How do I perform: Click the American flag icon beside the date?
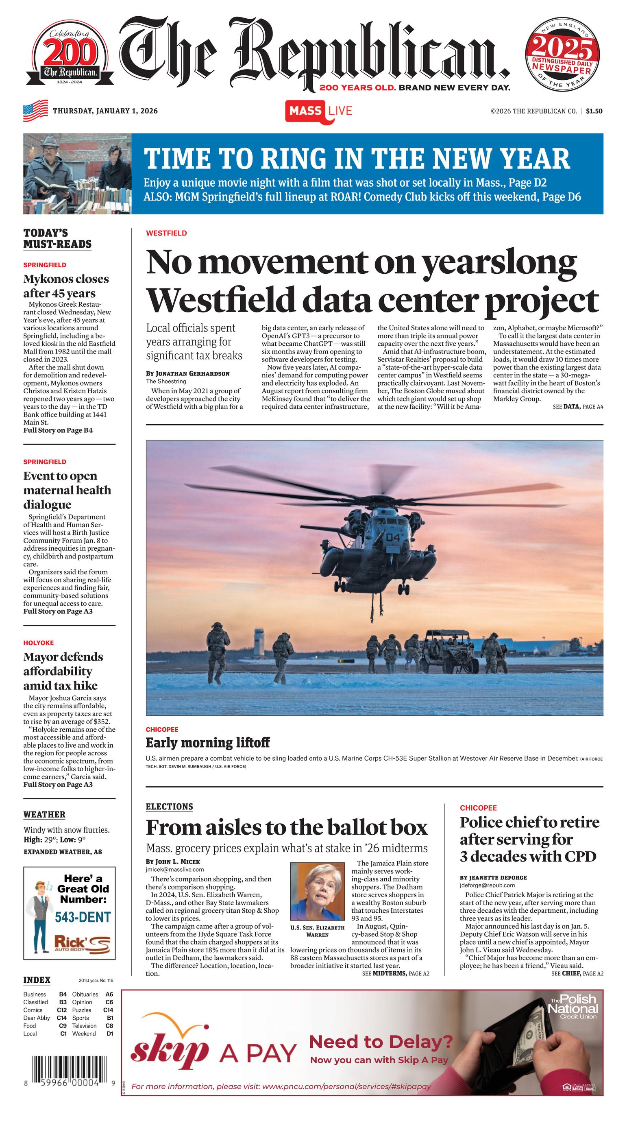[x=35, y=111]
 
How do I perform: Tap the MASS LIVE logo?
[x=318, y=111]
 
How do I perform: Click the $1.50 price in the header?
[x=594, y=111]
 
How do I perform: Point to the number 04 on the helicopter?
[x=392, y=537]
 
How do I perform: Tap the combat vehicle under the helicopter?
[x=448, y=650]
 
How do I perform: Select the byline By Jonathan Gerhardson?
[x=187, y=373]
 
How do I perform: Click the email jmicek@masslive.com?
[x=168, y=869]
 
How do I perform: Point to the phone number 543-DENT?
[x=83, y=917]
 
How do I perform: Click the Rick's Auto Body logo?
[x=82, y=942]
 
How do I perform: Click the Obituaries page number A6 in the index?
[x=109, y=994]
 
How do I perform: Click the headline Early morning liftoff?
[x=207, y=742]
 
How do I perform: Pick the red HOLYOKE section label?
[x=39, y=643]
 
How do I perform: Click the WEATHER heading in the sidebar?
[x=44, y=814]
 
